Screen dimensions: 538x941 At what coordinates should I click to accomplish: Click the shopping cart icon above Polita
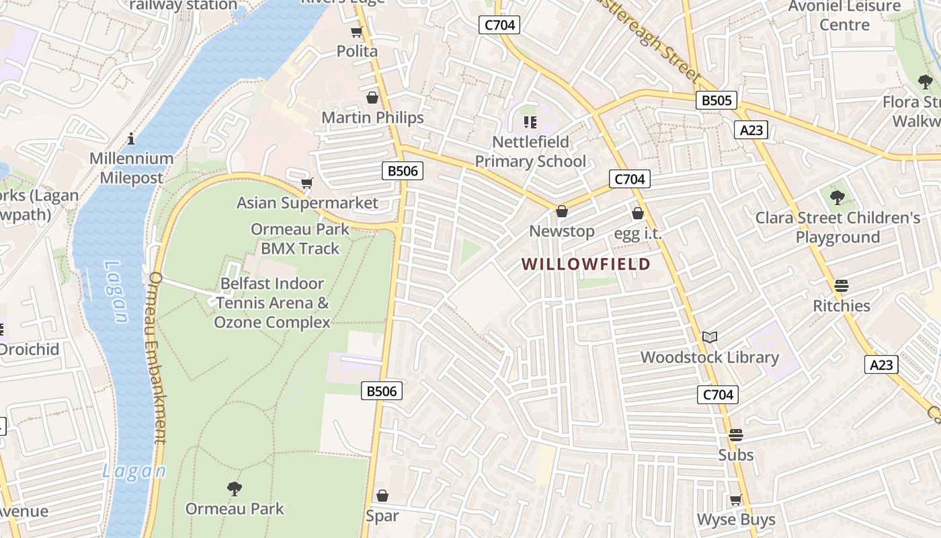[x=356, y=32]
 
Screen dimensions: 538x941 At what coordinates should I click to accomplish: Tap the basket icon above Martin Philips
[x=372, y=98]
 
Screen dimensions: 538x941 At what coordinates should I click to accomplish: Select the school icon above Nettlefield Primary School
[x=530, y=122]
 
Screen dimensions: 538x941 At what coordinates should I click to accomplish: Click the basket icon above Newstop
[x=562, y=212]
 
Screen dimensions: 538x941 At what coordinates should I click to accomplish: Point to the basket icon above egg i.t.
[x=638, y=214]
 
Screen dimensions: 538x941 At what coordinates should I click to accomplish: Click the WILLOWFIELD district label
[x=586, y=264]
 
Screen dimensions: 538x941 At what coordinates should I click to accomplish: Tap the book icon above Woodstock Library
[x=710, y=337]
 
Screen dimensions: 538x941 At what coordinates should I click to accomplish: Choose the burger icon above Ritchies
[x=842, y=286]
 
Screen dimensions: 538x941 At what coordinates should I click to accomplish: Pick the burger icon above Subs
[x=736, y=435]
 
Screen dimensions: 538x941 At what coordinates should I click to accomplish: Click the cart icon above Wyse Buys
[x=736, y=500]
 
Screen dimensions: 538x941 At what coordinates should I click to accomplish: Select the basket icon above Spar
[x=382, y=496]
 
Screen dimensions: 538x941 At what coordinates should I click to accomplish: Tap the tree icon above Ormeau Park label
[x=235, y=488]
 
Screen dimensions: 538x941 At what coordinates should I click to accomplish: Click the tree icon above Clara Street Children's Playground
[x=837, y=198]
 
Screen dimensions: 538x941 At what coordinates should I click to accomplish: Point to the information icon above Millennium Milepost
[x=131, y=139]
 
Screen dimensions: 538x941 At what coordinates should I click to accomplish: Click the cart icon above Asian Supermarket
[x=307, y=183]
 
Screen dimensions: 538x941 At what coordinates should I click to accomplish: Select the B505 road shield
[x=716, y=101]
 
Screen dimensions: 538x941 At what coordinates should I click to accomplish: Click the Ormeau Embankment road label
[x=156, y=358]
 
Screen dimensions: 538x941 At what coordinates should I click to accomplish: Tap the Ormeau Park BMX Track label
[x=300, y=239]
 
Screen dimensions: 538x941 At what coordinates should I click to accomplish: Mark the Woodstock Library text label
[x=710, y=357]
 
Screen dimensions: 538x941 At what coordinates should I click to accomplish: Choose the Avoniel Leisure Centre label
[x=844, y=15]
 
